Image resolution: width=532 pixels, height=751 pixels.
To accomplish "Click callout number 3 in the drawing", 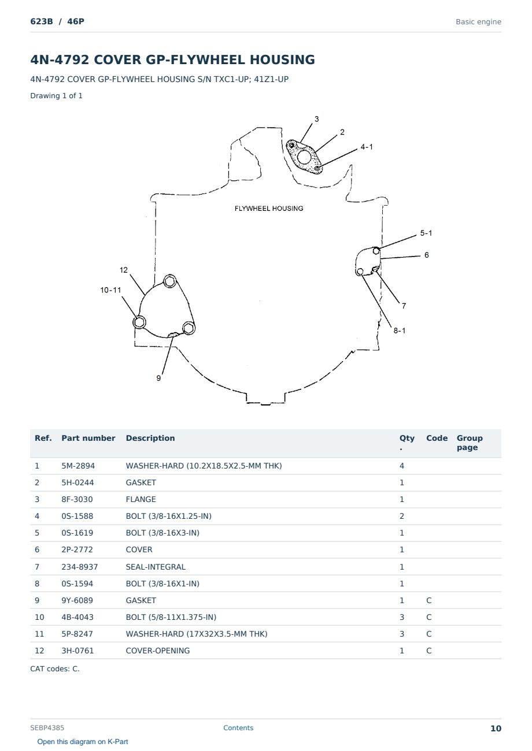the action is pos(316,119).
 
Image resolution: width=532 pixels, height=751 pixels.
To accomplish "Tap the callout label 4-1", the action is pos(367,147).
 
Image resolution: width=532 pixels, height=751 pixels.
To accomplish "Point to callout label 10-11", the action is pos(110,290).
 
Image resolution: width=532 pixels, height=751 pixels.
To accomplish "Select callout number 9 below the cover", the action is pos(158,378).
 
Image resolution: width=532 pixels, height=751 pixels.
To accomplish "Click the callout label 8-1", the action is pos(400,330).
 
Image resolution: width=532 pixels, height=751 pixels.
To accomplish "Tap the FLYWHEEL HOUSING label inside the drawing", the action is pos(269,209).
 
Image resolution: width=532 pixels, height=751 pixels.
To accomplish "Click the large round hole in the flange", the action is pos(304,157).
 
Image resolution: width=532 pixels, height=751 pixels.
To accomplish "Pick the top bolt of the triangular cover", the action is pos(170,281).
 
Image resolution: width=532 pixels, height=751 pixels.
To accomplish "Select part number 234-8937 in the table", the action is pos(80,567).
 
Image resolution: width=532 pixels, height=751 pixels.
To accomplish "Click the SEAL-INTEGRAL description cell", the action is pos(156,567).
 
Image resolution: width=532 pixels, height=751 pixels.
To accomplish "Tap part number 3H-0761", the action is pos(77,650).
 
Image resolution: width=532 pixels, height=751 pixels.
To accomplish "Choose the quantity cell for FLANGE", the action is pos(402,499).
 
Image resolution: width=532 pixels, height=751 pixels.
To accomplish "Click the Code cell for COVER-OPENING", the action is pos(429,650).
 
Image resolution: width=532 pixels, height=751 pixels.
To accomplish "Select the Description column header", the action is pos(150,438).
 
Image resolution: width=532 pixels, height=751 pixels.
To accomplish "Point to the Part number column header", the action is pos(88,438).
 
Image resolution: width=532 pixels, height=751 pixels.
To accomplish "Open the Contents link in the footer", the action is pos(238,727).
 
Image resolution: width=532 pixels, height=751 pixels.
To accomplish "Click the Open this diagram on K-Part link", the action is pos(83,741).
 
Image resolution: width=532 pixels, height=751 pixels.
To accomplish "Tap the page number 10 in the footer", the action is pos(496,728).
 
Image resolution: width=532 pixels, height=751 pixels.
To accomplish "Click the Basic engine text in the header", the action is pos(478,22).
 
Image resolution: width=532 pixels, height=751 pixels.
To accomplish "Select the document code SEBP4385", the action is pos(47,727).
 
